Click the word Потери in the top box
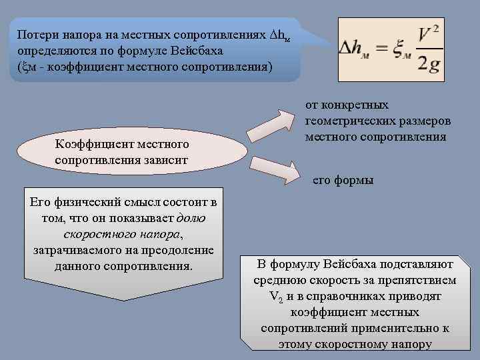pyautogui.click(x=35, y=34)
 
